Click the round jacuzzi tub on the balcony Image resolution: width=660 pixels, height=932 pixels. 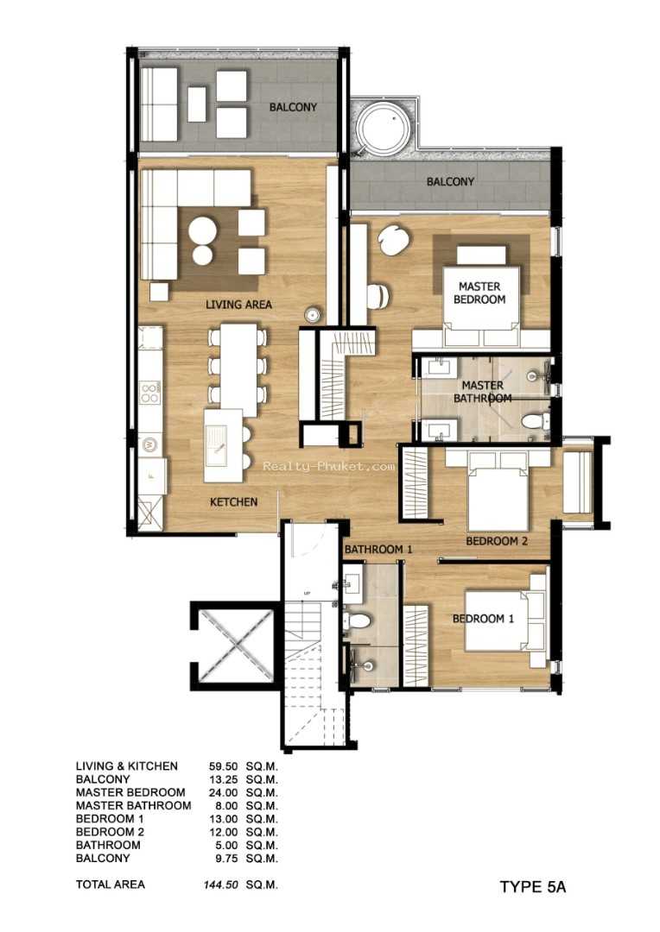pos(384,129)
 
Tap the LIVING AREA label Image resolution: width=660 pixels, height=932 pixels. pos(238,305)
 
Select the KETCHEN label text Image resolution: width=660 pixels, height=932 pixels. pos(234,502)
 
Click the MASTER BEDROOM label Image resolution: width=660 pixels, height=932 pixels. pos(479,293)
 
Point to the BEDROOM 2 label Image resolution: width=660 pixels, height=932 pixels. pos(497,541)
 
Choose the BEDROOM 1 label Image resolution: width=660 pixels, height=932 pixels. pos(483,619)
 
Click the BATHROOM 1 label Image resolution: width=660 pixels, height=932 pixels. pos(378,549)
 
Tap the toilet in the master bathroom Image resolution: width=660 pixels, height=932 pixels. pos(535,422)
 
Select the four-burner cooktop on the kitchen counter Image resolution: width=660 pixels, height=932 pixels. pos(149,391)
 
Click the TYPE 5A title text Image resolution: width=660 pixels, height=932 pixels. pos(533,887)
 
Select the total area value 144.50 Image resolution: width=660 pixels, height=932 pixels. pos(220,885)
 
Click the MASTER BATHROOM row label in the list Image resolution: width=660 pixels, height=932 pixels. pos(133,805)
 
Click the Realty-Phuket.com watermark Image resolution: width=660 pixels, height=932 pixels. pos(328,467)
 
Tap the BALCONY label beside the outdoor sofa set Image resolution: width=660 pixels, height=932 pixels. pos(293,107)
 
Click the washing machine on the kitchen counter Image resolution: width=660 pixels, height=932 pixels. pos(149,444)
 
